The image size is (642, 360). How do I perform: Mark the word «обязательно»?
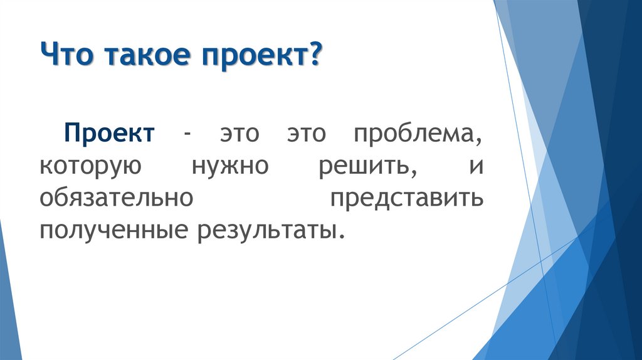tap(114, 198)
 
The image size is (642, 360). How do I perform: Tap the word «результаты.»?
tap(271, 230)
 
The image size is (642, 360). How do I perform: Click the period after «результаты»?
tap(341, 237)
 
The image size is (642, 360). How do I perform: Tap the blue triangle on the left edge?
tap(9, 295)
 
